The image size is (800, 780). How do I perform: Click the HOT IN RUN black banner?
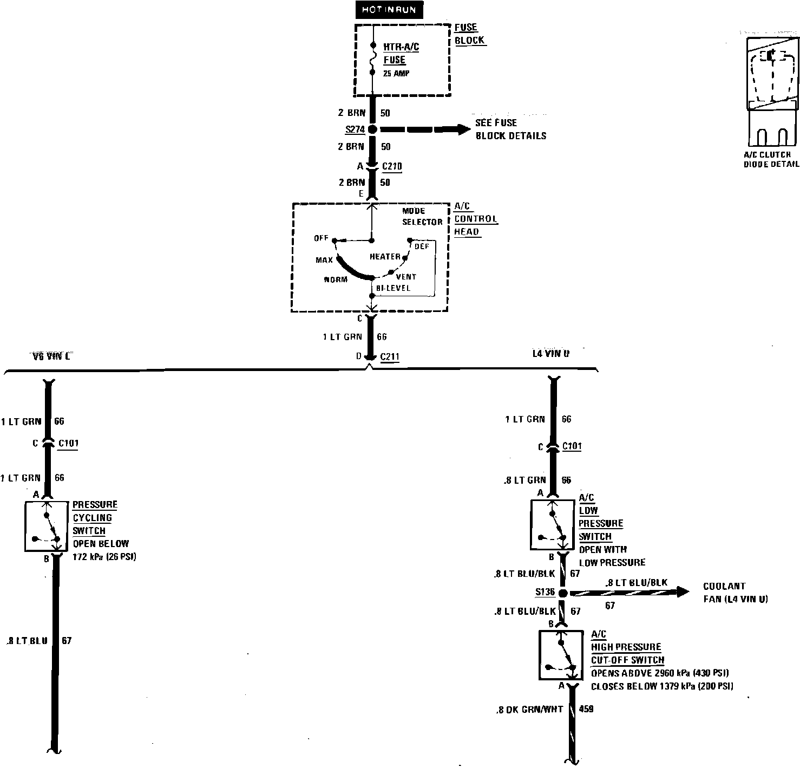[x=389, y=10]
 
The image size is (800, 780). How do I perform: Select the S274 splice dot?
[x=372, y=129]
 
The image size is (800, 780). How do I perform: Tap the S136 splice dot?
[x=562, y=593]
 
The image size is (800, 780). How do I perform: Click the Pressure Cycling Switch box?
[x=48, y=526]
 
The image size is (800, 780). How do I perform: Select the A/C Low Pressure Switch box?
[x=553, y=524]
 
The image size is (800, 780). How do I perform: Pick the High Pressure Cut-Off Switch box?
[x=561, y=655]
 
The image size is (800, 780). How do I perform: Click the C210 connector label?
[x=392, y=166]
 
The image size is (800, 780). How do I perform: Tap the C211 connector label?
[x=390, y=356]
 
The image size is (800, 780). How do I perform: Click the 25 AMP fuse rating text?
[x=396, y=73]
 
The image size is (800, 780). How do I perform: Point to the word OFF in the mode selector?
[x=322, y=239]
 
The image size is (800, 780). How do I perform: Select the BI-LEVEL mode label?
[x=394, y=288]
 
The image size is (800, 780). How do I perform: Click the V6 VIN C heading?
[x=51, y=356]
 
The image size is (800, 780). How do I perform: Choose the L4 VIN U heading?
[x=550, y=354]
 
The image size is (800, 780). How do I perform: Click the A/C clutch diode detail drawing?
[x=771, y=92]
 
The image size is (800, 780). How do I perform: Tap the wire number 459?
[x=586, y=708]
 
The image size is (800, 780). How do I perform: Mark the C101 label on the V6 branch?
[x=68, y=443]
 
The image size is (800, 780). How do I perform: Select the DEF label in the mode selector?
[x=422, y=246]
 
